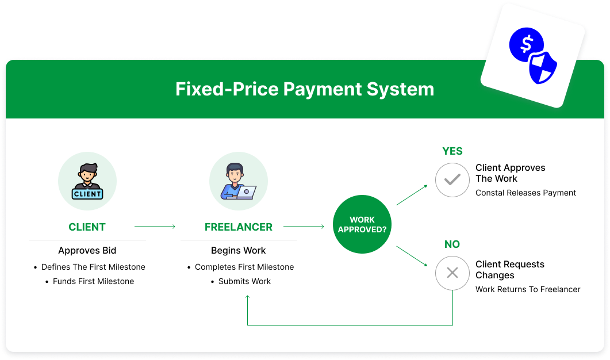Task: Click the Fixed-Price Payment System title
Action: (x=305, y=89)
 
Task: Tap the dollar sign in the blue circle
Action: (x=527, y=44)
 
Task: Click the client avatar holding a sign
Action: (x=87, y=181)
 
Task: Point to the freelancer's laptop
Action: (x=247, y=192)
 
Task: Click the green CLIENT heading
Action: (x=87, y=227)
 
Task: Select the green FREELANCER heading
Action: (x=239, y=227)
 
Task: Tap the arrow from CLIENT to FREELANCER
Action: (x=155, y=227)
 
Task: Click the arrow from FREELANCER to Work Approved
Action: (x=304, y=227)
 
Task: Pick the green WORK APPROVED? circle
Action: (x=362, y=224)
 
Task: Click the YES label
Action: (x=452, y=151)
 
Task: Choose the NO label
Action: (x=452, y=244)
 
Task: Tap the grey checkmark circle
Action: (x=452, y=180)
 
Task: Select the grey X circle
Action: (x=452, y=273)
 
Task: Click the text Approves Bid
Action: (x=87, y=251)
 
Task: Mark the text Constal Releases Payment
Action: (x=525, y=193)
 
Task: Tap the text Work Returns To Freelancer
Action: (x=528, y=289)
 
